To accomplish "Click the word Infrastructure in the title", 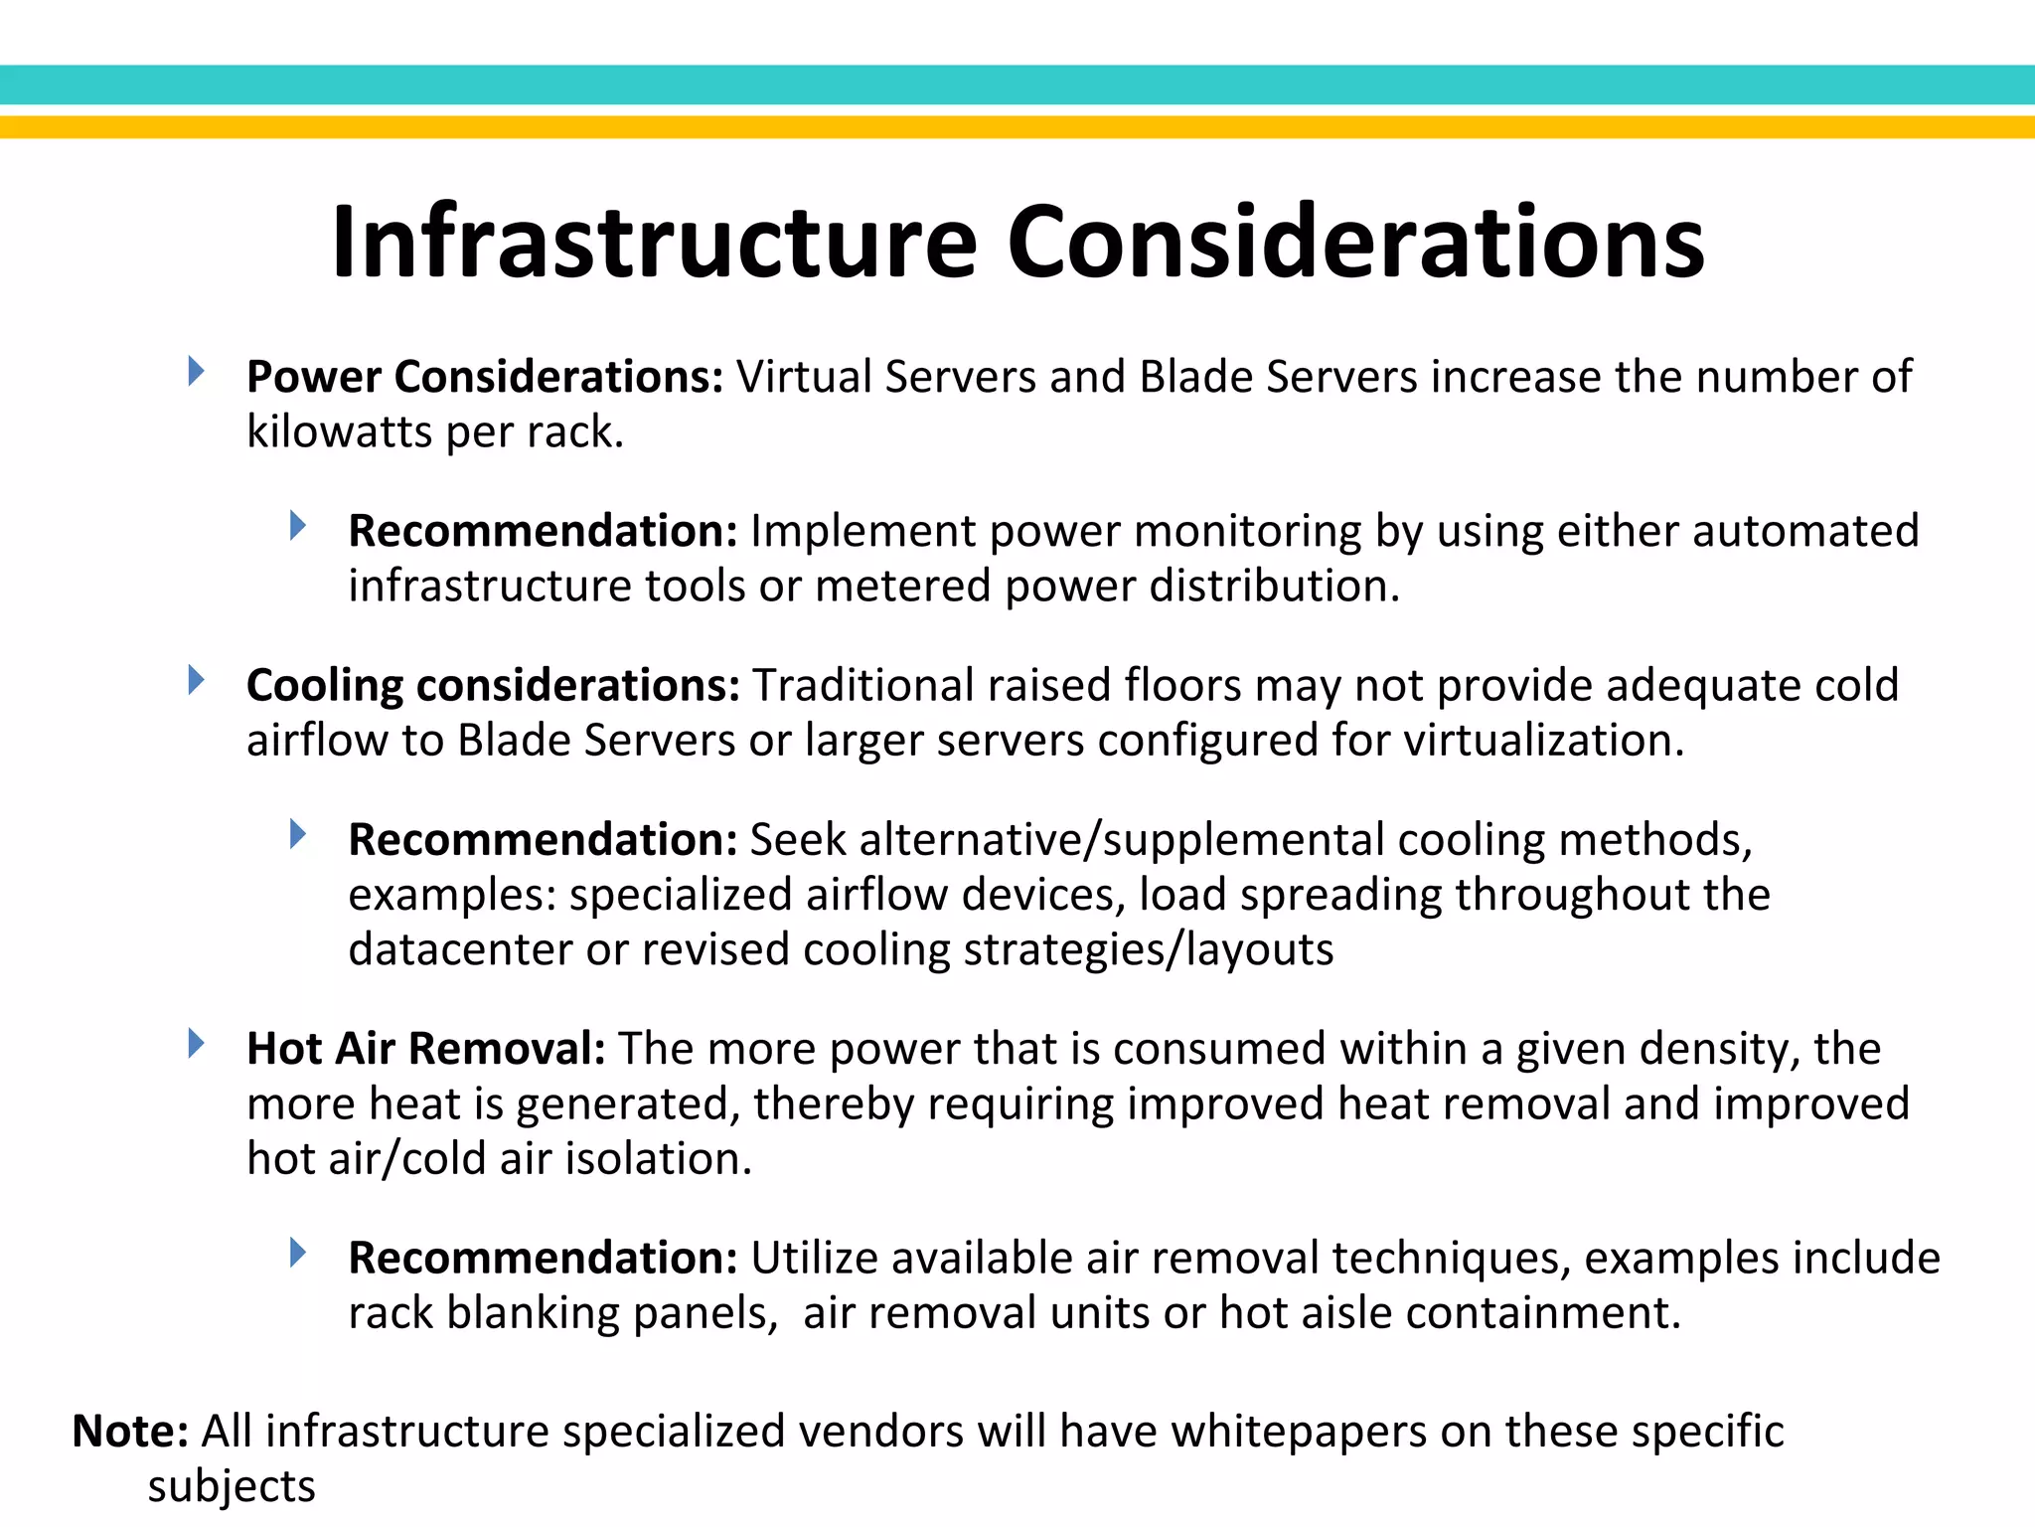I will [x=655, y=243].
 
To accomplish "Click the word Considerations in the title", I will [x=1355, y=243].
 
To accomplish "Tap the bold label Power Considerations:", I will [x=485, y=377].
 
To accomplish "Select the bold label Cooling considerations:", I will [x=493, y=686].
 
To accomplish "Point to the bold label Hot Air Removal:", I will [x=426, y=1049].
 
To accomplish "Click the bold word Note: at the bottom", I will [x=130, y=1432].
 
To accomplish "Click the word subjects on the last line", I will [x=232, y=1486].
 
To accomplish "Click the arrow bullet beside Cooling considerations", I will [x=196, y=681].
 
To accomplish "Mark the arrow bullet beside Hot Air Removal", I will [x=196, y=1044].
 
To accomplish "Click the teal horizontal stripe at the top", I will [x=1017, y=85].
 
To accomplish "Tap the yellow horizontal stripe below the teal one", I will [x=1017, y=127].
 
